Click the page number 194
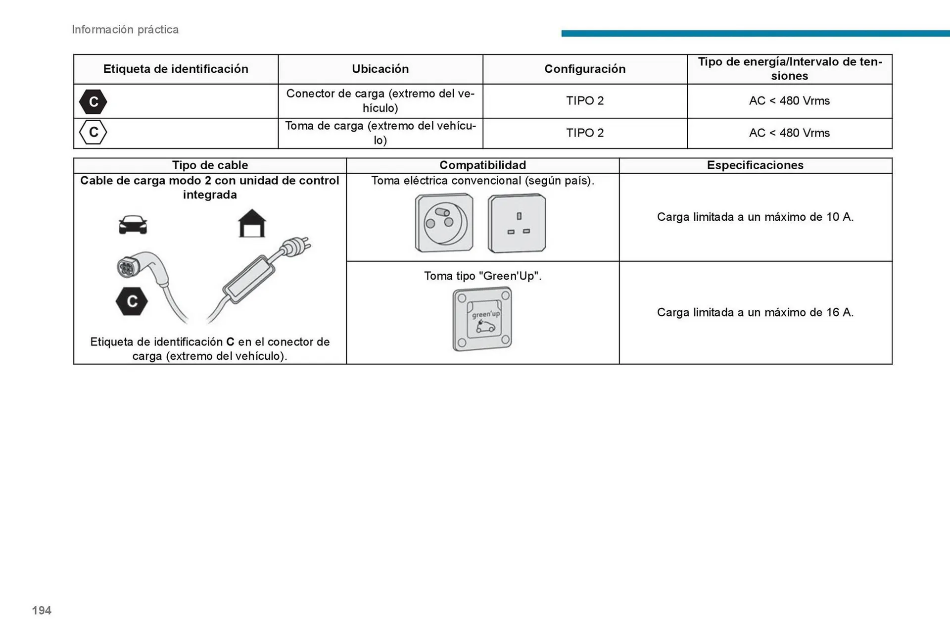(42, 610)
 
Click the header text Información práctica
(125, 30)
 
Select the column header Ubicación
(380, 69)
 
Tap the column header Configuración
(585, 69)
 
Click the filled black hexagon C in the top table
(93, 101)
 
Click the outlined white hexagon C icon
(93, 132)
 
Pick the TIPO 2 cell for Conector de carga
(585, 100)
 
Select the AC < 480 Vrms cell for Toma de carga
(789, 133)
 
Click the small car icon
(133, 225)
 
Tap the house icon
(252, 224)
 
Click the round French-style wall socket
(444, 223)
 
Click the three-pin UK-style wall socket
(517, 223)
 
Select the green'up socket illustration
(482, 319)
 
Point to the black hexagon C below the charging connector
(132, 301)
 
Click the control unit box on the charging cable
(248, 279)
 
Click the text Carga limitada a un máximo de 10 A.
(755, 217)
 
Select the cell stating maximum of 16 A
(755, 312)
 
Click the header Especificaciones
(755, 165)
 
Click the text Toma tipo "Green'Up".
(482, 276)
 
